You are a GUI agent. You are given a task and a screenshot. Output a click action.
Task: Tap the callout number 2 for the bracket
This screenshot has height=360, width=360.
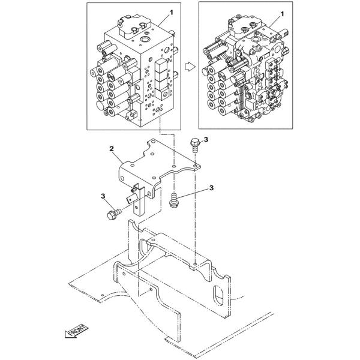point(111,147)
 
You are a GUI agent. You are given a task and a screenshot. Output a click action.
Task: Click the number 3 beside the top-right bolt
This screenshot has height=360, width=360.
point(205,140)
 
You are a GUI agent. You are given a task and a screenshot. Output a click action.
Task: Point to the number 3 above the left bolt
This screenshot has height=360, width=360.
point(104,196)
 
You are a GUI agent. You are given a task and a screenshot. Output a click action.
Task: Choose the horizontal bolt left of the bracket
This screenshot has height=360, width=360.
point(112,214)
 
